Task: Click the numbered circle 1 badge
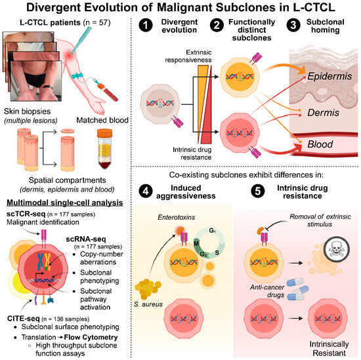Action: click(x=146, y=25)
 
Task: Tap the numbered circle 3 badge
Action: click(x=293, y=25)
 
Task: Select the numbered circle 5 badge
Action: click(x=258, y=191)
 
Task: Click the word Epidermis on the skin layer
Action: click(x=329, y=76)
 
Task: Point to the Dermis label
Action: click(x=323, y=113)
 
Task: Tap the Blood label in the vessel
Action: click(x=320, y=144)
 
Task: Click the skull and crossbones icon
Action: click(x=337, y=249)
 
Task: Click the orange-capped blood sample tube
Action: click(x=104, y=149)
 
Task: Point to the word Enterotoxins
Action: click(x=177, y=217)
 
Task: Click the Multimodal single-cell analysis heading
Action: click(x=65, y=203)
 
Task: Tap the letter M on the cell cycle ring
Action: click(x=196, y=243)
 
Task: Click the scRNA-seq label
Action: click(x=86, y=239)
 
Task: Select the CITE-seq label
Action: click(x=24, y=319)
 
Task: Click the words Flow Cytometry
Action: click(x=91, y=337)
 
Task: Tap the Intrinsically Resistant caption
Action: click(x=329, y=348)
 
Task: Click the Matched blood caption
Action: click(x=102, y=120)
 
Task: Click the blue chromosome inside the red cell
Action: click(x=41, y=262)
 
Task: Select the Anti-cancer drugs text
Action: click(x=267, y=291)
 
